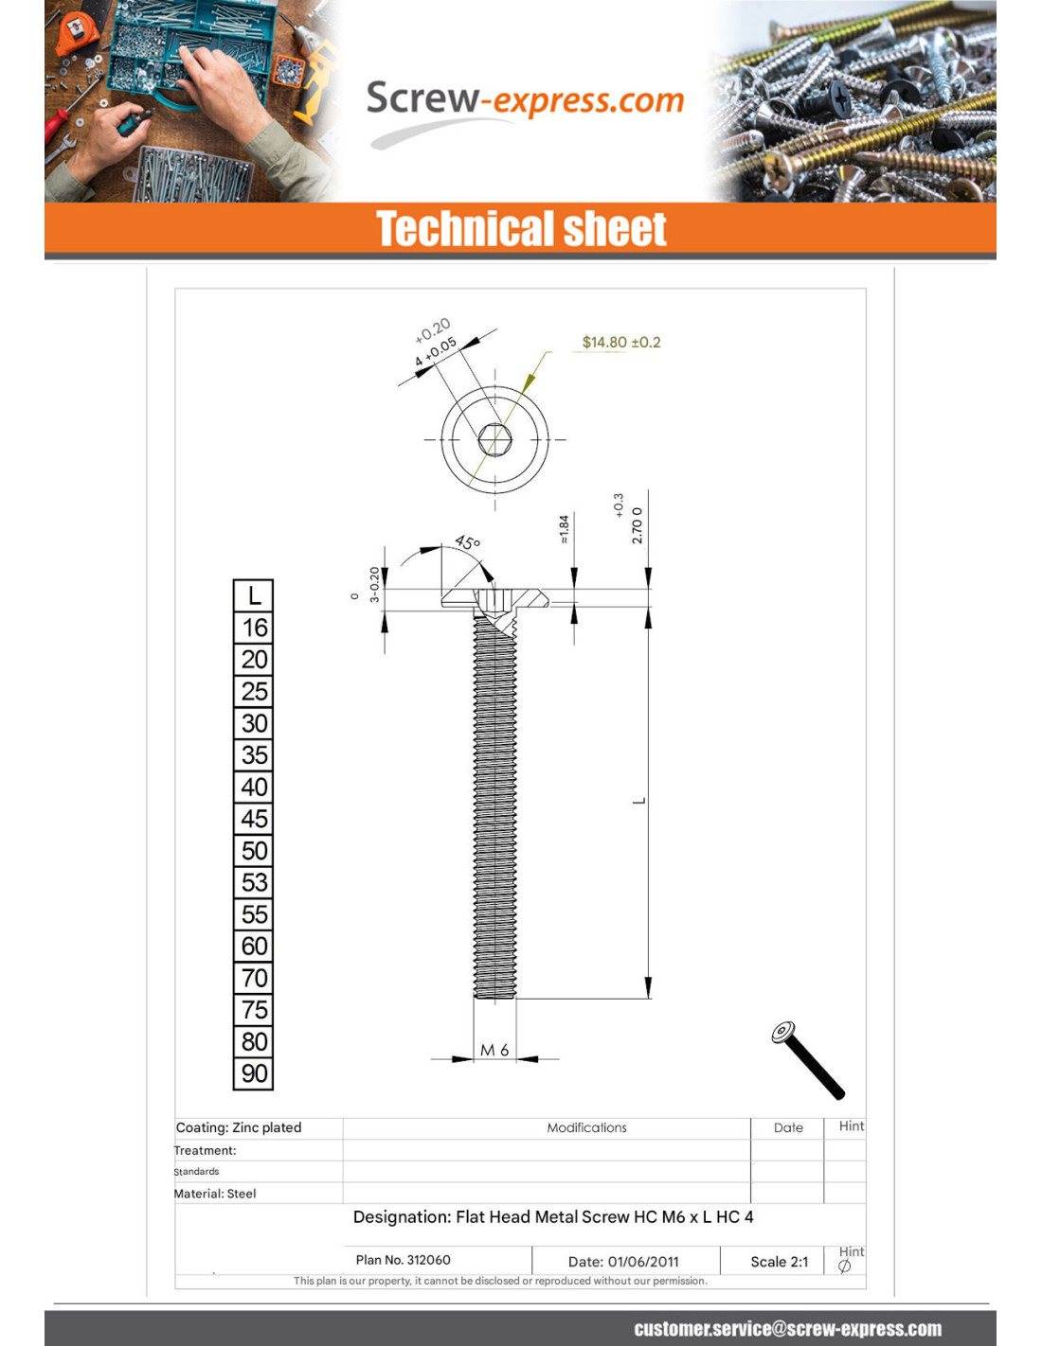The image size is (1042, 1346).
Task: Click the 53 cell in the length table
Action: (x=253, y=882)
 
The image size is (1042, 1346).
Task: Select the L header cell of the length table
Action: (x=253, y=595)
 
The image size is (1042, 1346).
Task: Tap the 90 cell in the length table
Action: (x=253, y=1073)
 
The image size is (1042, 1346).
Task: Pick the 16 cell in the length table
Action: (x=253, y=628)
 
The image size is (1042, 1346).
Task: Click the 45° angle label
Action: (x=467, y=542)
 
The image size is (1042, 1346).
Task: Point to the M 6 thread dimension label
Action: (x=494, y=1050)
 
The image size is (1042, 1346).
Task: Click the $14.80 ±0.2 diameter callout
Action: (x=620, y=342)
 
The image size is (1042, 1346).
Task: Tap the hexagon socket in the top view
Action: (x=494, y=439)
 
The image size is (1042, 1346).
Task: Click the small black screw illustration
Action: (x=807, y=1060)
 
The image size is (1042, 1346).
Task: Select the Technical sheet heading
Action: (x=521, y=229)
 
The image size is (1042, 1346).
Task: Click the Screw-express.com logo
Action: (x=524, y=100)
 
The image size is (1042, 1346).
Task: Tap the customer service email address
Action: (x=787, y=1329)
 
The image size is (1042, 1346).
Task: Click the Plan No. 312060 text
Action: (x=403, y=1260)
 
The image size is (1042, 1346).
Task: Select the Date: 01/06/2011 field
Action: (x=623, y=1261)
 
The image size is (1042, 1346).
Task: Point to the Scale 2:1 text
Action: (x=779, y=1261)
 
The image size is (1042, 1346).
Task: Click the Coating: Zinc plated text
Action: (x=239, y=1127)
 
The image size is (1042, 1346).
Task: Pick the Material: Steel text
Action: (x=215, y=1194)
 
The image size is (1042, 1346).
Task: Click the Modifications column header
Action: (x=586, y=1127)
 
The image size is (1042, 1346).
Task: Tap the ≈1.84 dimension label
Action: (x=565, y=529)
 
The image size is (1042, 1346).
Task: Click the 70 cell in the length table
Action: (x=253, y=978)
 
